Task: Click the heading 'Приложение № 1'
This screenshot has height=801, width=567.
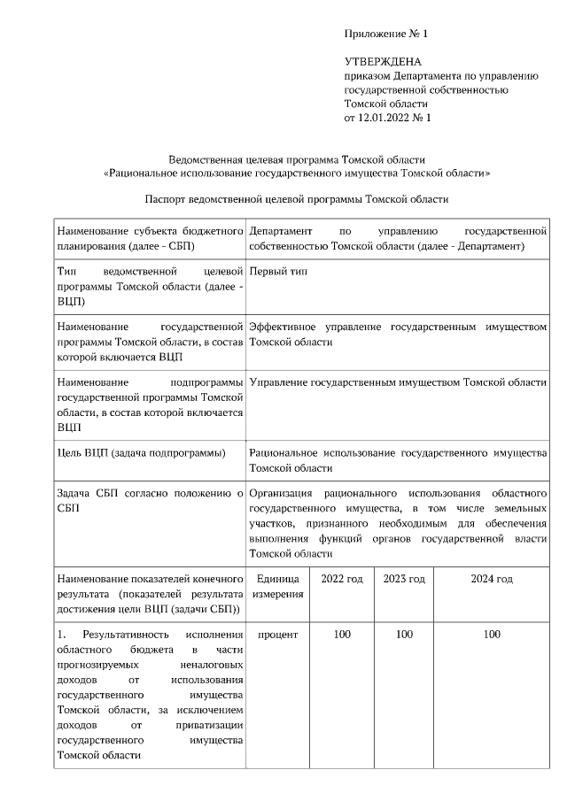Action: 386,34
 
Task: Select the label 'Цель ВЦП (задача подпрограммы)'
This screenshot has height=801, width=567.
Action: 140,453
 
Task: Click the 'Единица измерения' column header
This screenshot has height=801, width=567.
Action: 278,586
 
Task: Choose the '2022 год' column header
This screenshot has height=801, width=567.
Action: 341,579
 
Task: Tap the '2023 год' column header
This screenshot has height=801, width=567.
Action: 404,579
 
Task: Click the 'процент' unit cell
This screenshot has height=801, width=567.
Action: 278,635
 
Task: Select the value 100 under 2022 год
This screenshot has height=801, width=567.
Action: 341,635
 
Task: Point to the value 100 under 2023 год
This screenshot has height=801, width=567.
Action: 404,635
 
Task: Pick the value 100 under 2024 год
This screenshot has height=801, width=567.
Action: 492,635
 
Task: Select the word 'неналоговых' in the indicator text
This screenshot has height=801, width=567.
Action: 214,665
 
